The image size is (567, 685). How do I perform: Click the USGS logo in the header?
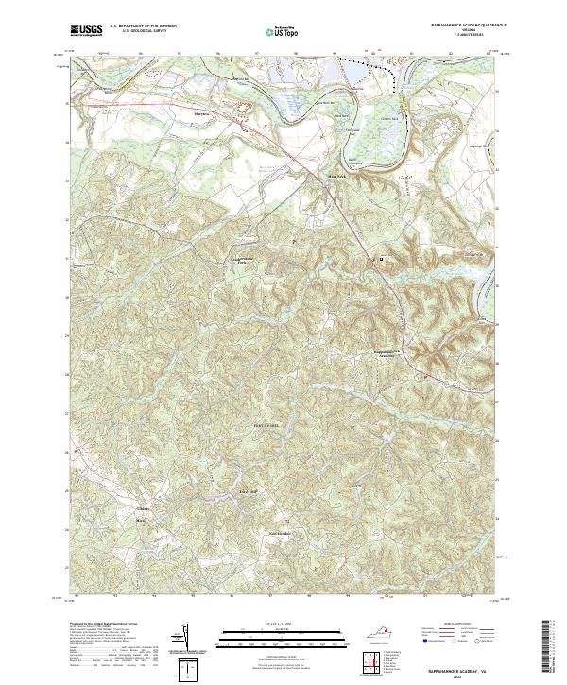pyautogui.click(x=86, y=30)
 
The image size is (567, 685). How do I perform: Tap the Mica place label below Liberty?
pyautogui.click(x=143, y=521)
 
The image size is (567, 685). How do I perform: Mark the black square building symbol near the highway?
pyautogui.click(x=382, y=258)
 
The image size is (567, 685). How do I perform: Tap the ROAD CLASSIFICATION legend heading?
pyautogui.click(x=451, y=625)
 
